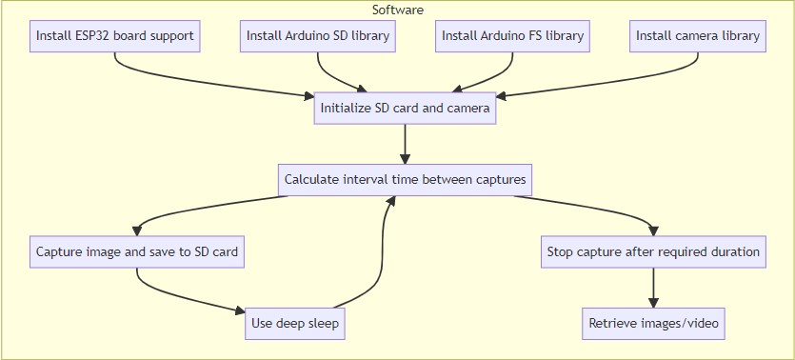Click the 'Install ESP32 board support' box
tap(115, 37)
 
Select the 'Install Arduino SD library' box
tap(317, 37)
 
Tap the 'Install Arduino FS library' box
tap(512, 37)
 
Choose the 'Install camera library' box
tap(698, 37)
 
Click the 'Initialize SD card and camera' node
tap(405, 109)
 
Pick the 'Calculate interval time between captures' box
tap(405, 180)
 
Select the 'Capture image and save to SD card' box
tap(136, 253)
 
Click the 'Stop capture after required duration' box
tap(653, 253)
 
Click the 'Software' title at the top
tap(398, 10)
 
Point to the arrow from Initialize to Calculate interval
tap(405, 144)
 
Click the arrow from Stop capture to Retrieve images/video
tap(653, 289)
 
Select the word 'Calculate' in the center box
tap(311, 180)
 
